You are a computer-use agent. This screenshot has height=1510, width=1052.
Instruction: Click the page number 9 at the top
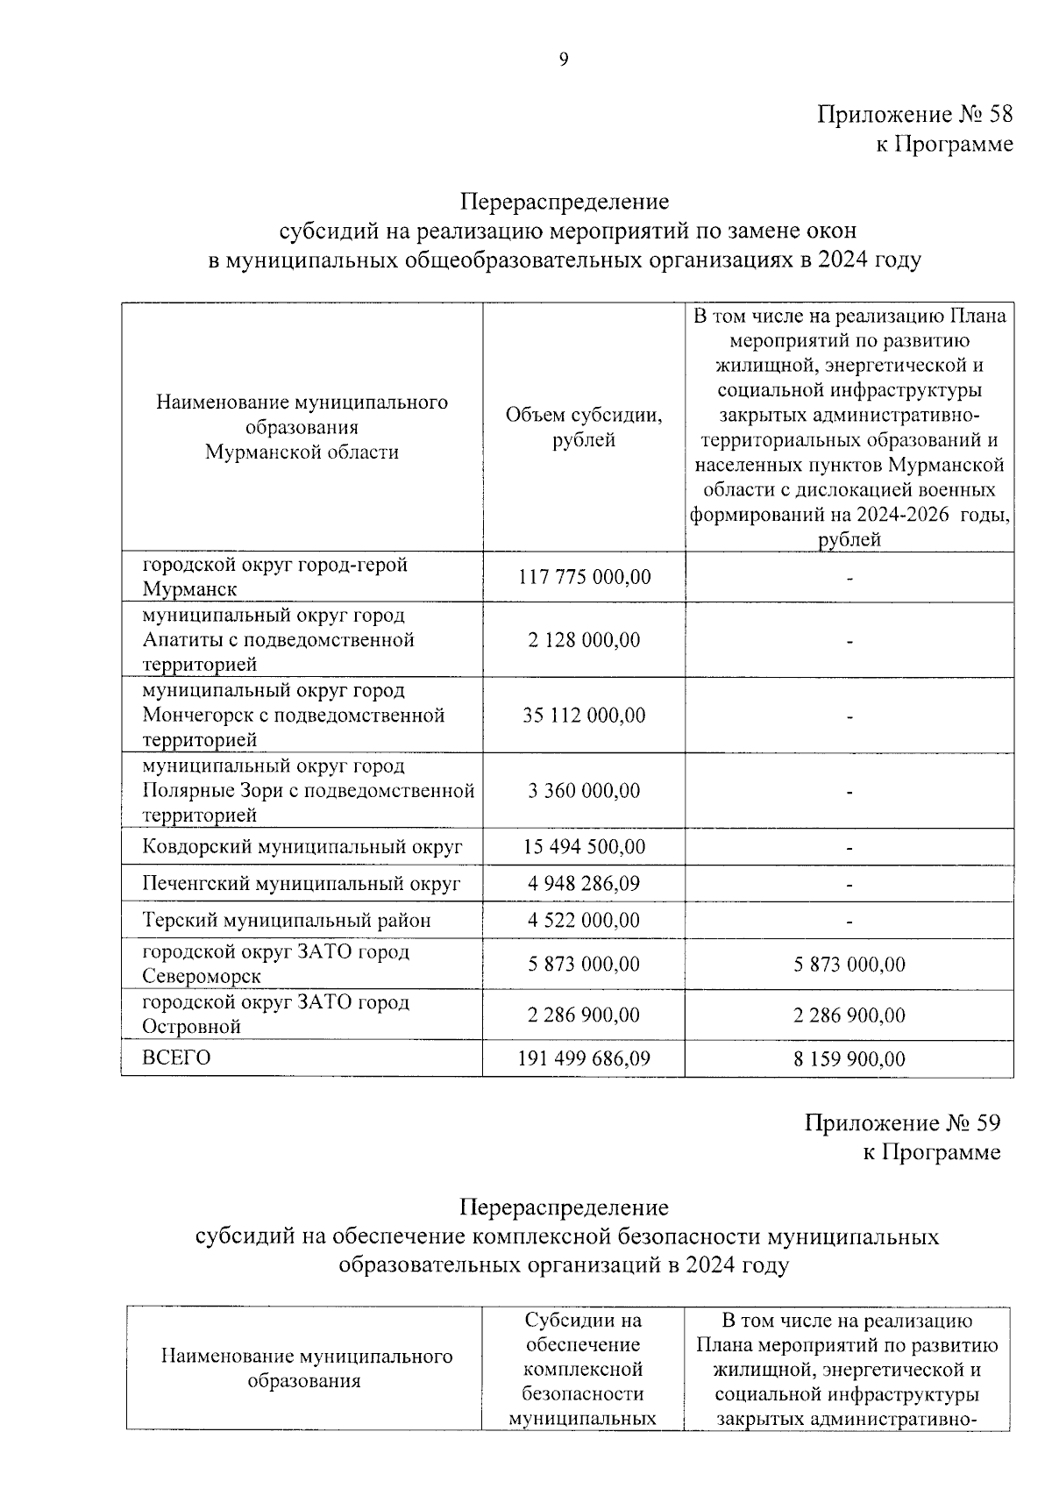(x=563, y=60)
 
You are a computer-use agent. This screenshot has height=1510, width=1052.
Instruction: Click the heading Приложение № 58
(x=915, y=114)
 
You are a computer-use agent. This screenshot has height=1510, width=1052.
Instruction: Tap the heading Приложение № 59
(x=902, y=1122)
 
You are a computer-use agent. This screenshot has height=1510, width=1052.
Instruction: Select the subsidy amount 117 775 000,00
(x=584, y=577)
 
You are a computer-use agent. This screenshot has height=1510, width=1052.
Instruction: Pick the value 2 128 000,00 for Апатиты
(x=584, y=640)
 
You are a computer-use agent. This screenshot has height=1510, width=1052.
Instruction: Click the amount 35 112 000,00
(x=584, y=716)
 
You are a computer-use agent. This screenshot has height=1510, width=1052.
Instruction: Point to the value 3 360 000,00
(x=584, y=791)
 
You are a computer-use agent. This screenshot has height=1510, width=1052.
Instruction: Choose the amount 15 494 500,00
(x=584, y=847)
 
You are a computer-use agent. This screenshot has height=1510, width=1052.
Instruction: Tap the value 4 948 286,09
(x=584, y=883)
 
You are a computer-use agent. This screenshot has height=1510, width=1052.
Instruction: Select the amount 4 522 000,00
(x=584, y=920)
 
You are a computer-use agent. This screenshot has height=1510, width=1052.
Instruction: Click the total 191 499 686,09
(x=584, y=1058)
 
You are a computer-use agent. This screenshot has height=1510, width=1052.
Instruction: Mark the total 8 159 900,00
(x=849, y=1059)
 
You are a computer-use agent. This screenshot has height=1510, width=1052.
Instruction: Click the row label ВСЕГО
(x=176, y=1058)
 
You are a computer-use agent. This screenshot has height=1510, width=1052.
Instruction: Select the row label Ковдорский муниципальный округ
(x=302, y=847)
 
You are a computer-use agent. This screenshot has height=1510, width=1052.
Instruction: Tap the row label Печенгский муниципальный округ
(x=301, y=883)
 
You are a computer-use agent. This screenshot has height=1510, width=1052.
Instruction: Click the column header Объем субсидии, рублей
(x=584, y=428)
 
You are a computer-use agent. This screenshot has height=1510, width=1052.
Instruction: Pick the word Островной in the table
(x=191, y=1026)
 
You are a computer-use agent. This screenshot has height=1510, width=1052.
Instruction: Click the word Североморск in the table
(x=202, y=976)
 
